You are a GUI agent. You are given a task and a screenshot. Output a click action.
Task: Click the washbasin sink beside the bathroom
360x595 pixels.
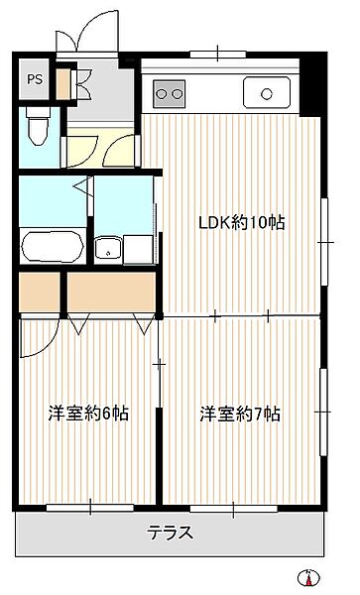pos(107,248)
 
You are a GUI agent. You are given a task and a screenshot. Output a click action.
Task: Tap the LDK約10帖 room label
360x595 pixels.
pos(241,223)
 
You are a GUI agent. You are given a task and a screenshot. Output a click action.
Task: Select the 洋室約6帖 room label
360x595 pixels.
pos(88,413)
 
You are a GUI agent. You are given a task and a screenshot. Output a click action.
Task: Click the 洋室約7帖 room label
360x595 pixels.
pos(239,413)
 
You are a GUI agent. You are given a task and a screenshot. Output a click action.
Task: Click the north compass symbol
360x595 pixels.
pos(309,578)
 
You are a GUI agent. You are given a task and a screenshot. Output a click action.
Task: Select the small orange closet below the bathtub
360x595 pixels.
pos(40,293)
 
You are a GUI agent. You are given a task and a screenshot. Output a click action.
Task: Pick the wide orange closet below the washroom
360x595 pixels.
pos(111,293)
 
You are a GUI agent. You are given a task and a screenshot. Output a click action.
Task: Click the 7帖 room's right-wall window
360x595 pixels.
pos(323,408)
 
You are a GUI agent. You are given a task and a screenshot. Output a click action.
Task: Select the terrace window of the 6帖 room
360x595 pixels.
pos(89,508)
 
